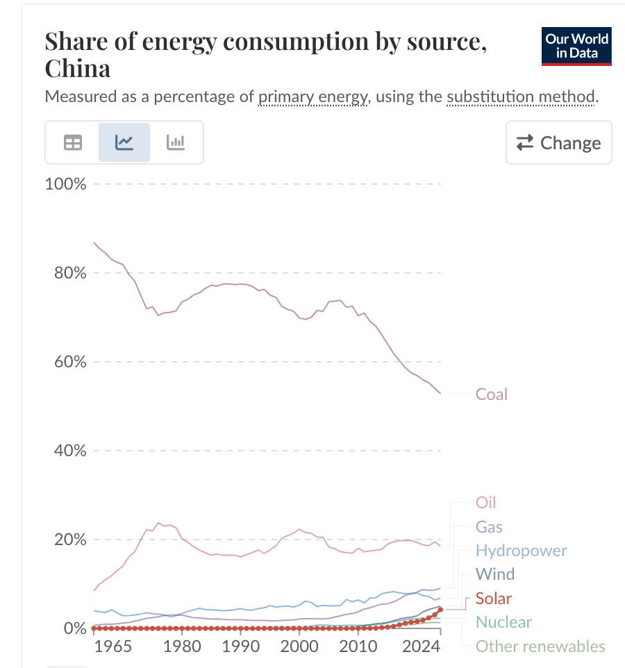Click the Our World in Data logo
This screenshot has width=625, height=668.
[x=576, y=47]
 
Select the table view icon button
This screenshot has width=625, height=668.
[x=73, y=142]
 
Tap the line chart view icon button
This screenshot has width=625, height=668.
[x=124, y=142]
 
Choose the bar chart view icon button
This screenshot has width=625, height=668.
[x=176, y=142]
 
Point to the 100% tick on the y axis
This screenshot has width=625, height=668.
[x=65, y=184]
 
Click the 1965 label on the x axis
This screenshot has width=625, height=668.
[x=113, y=646]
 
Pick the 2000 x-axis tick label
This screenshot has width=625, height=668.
[x=299, y=646]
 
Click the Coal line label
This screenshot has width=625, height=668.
[x=492, y=394]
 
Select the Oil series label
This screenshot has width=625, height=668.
[x=486, y=503]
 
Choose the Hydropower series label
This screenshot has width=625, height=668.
[x=522, y=551]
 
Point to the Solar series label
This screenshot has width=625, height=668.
[x=494, y=599]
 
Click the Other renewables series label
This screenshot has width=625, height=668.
[x=540, y=646]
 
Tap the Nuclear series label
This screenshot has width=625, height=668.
[x=503, y=622]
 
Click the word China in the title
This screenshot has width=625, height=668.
[x=78, y=68]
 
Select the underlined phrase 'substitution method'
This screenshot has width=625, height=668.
[x=521, y=97]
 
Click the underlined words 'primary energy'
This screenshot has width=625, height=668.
[x=312, y=97]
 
